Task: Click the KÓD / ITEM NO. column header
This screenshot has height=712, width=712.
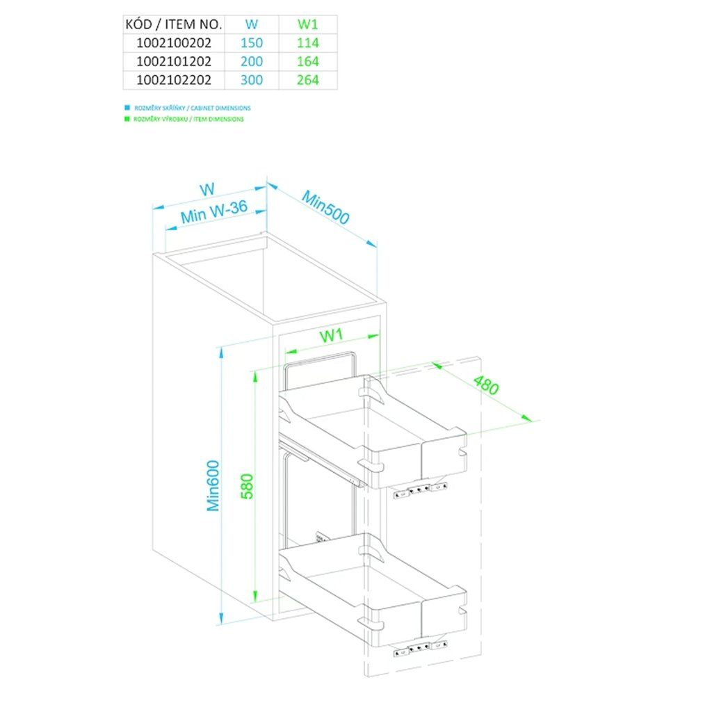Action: (x=175, y=24)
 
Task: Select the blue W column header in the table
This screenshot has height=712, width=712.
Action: (x=252, y=24)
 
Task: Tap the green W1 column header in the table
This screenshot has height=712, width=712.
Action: (x=308, y=24)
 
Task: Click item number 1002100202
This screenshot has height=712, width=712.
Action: (x=175, y=43)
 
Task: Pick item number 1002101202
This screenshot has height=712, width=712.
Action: (x=175, y=61)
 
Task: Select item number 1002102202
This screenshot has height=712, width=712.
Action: (x=175, y=80)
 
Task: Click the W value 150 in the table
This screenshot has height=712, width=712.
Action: (x=252, y=43)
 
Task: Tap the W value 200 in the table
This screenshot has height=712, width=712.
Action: (x=252, y=61)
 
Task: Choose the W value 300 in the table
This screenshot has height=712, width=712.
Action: (x=252, y=80)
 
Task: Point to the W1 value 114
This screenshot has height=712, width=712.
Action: (x=308, y=43)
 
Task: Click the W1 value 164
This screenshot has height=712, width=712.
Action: (x=308, y=61)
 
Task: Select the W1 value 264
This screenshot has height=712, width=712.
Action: (x=308, y=80)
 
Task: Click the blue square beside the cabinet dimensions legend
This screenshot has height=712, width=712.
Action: (x=127, y=108)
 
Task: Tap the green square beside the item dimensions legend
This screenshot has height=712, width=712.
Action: (x=127, y=119)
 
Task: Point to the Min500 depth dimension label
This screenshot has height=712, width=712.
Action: (x=325, y=207)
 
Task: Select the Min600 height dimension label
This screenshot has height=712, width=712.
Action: (x=213, y=485)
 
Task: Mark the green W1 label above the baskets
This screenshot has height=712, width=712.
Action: (x=332, y=336)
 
